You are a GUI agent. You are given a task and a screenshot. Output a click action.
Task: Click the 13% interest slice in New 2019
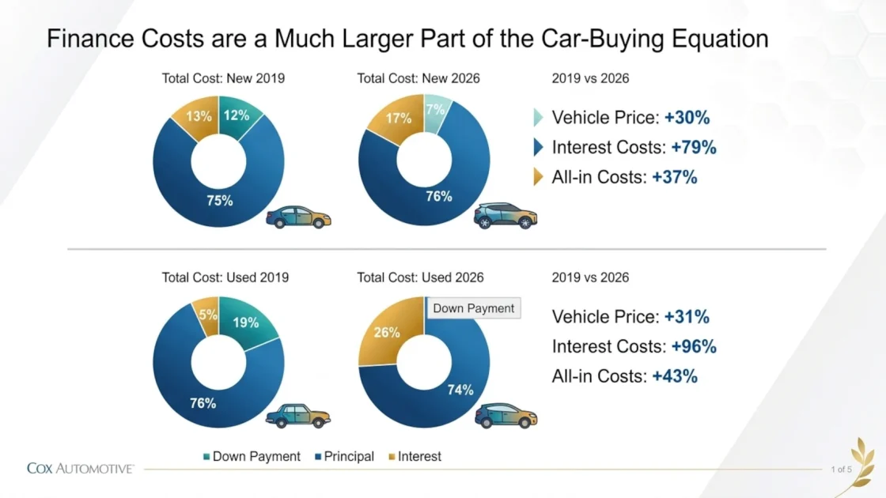point(198,116)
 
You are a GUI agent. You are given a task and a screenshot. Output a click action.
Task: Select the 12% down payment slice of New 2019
point(237,115)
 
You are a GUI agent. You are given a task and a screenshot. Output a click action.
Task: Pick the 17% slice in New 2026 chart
point(397,119)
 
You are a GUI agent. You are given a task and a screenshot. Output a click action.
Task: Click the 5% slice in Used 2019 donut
point(207,315)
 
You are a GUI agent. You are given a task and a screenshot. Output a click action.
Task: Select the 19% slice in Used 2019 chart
point(246,322)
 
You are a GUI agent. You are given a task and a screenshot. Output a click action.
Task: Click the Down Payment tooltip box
point(474,308)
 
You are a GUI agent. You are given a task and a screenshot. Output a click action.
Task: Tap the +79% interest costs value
point(694,147)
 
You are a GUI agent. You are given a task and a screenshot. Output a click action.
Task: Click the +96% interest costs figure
point(694,347)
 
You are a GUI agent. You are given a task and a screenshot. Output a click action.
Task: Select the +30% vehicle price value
point(687,118)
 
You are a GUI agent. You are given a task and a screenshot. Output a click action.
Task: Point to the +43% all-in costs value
point(675,376)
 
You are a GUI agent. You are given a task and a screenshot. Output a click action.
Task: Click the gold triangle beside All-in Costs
point(538,177)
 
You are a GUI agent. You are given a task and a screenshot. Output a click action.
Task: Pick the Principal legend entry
point(345,456)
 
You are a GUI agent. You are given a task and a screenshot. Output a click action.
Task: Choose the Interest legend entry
point(415,456)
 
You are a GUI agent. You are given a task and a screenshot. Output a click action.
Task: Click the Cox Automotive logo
point(80,469)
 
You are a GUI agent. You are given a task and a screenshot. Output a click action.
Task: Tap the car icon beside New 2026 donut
point(505,216)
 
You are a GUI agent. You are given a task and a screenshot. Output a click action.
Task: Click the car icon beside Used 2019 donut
point(297,416)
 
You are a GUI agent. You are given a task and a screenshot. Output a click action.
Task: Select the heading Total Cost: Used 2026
point(420,277)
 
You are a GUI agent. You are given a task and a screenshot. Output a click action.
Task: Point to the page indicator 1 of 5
point(841,470)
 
